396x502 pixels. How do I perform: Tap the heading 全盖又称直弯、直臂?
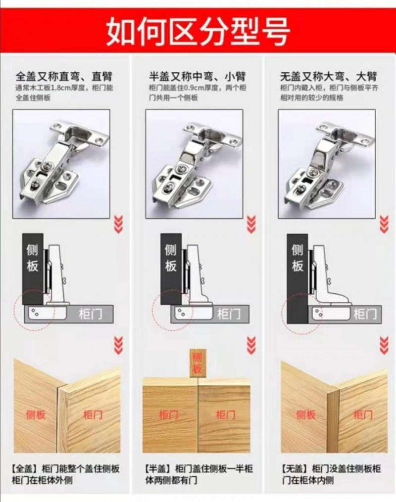click(x=64, y=77)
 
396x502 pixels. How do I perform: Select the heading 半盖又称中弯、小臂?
click(x=198, y=77)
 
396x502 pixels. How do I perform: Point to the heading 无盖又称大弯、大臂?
click(x=328, y=77)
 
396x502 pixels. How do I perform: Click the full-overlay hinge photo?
click(x=61, y=164)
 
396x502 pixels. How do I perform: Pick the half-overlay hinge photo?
click(x=194, y=164)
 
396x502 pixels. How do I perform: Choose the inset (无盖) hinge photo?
click(x=327, y=164)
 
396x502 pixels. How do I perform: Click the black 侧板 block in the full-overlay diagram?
click(x=33, y=269)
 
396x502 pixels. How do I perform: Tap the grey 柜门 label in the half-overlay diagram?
click(x=229, y=314)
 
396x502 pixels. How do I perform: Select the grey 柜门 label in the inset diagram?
click(x=365, y=314)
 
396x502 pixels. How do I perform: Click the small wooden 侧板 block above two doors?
click(x=198, y=363)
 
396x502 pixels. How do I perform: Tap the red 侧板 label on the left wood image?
click(x=36, y=415)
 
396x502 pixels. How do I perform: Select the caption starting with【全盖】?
click(x=66, y=474)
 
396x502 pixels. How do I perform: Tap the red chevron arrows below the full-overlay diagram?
click(x=118, y=345)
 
